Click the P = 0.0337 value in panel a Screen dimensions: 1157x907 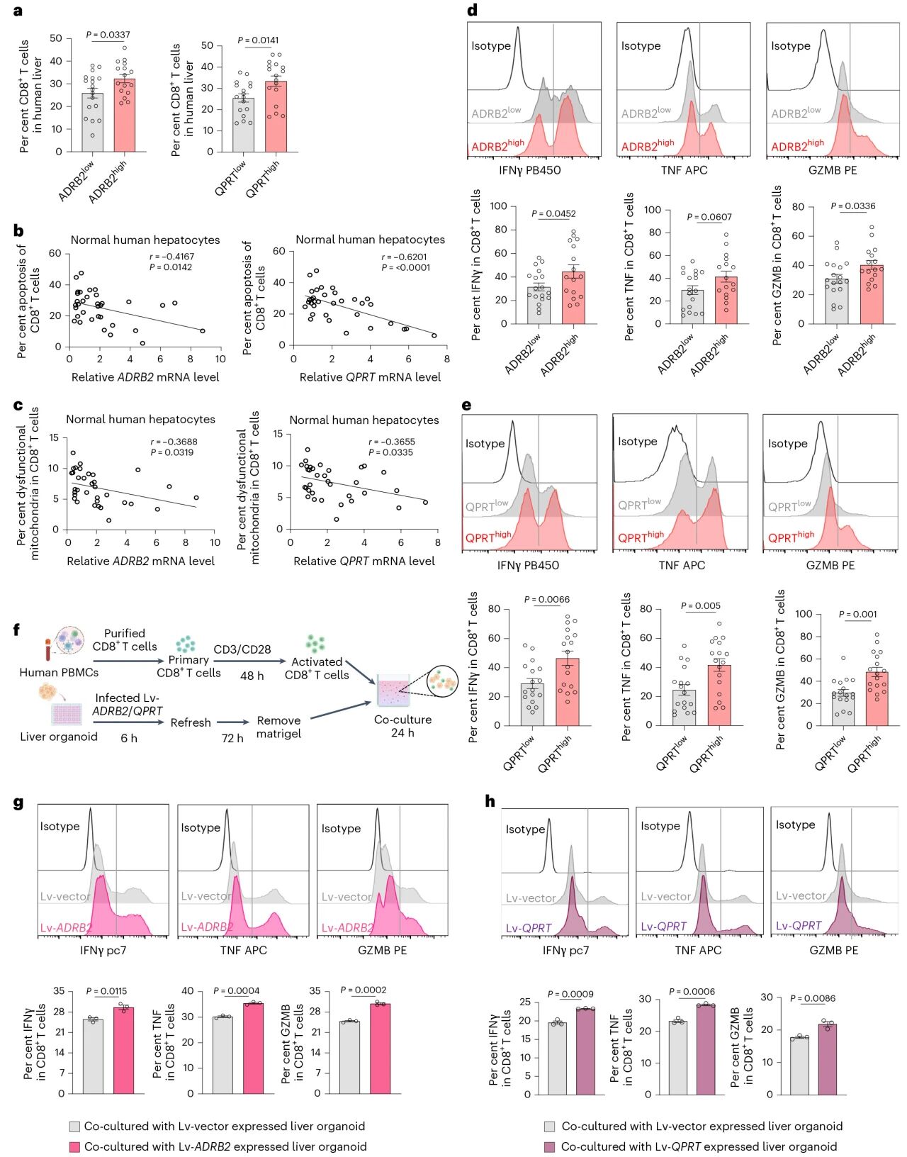click(x=108, y=35)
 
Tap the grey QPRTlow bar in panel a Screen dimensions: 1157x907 click(x=243, y=125)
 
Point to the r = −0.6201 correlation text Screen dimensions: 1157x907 click(x=404, y=257)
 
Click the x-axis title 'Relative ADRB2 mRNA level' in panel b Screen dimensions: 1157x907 click(x=145, y=377)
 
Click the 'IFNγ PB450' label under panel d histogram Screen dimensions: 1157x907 click(x=529, y=170)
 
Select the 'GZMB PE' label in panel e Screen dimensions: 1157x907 click(x=830, y=566)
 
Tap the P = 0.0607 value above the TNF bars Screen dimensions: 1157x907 click(x=709, y=217)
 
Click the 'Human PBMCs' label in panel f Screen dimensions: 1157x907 click(x=59, y=673)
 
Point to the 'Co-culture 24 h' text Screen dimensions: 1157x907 click(x=402, y=726)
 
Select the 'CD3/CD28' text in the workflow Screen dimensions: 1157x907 click(x=242, y=649)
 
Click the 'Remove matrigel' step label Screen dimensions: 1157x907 click(x=278, y=727)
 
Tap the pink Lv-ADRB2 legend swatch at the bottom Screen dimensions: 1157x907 click(x=74, y=1146)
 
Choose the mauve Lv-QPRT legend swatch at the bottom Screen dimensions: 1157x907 click(x=550, y=1146)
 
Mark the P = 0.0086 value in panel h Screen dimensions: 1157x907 click(x=813, y=998)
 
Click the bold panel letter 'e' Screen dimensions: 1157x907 click(x=466, y=406)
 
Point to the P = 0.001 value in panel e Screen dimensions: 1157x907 click(x=857, y=614)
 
